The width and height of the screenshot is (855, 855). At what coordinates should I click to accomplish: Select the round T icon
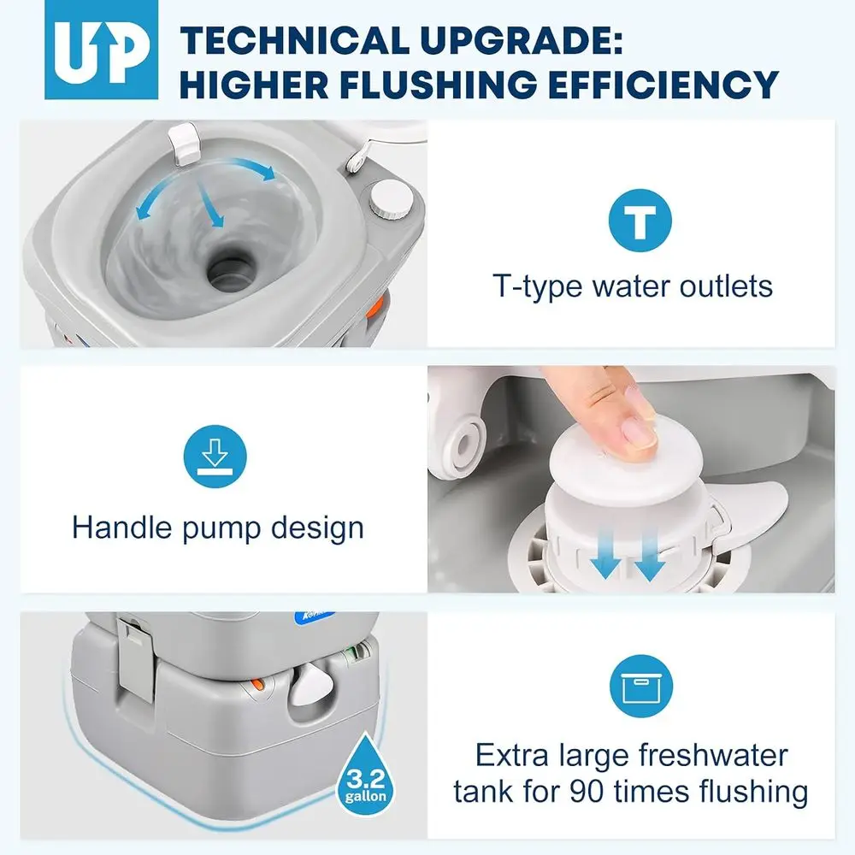tap(640, 220)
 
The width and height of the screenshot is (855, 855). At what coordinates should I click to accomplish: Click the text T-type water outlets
tap(633, 286)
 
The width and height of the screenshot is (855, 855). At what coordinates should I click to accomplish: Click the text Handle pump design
tap(218, 527)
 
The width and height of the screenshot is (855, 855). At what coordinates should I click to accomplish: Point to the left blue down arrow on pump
tap(605, 563)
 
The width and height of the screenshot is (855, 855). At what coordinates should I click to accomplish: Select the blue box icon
tap(640, 684)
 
